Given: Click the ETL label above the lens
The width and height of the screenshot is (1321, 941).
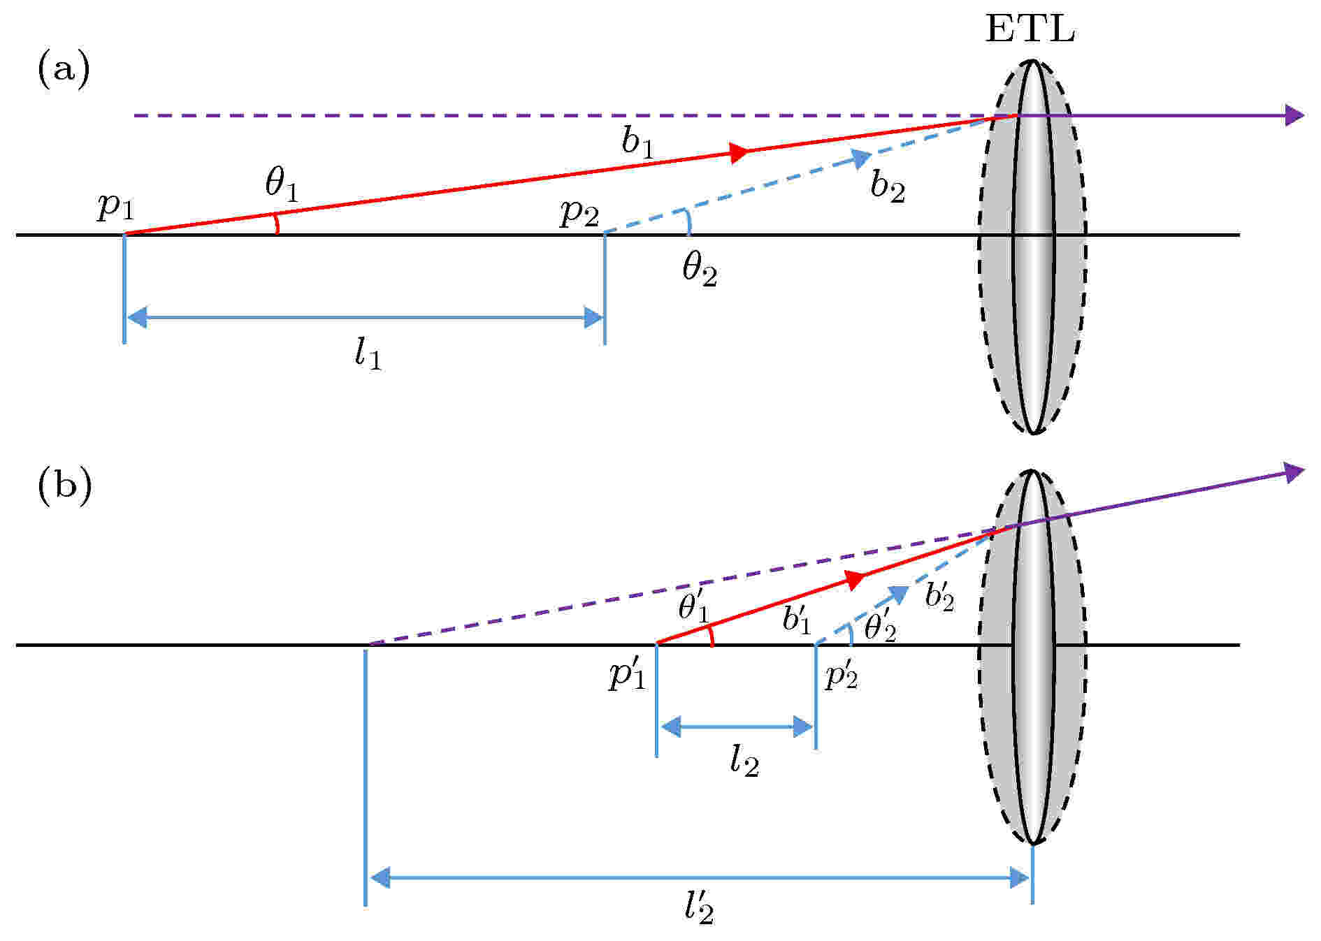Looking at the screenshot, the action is (1030, 29).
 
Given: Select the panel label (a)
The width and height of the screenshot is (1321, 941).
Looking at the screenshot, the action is (63, 72).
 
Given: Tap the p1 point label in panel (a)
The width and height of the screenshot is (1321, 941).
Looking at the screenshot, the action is (115, 207).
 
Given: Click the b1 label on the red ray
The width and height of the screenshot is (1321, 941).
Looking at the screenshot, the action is (639, 143).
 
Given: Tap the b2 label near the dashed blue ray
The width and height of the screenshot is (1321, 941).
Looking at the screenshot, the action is (888, 186).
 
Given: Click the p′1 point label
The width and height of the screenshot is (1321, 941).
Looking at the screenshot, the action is (627, 675).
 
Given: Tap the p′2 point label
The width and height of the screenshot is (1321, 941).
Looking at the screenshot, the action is (842, 675).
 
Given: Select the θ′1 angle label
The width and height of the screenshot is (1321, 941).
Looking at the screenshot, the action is (694, 606).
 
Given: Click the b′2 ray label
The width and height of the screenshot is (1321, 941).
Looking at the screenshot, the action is (939, 597).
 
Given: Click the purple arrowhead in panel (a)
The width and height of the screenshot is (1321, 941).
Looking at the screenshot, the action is (1294, 115).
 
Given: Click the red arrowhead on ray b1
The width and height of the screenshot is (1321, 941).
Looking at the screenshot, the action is (739, 152).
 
